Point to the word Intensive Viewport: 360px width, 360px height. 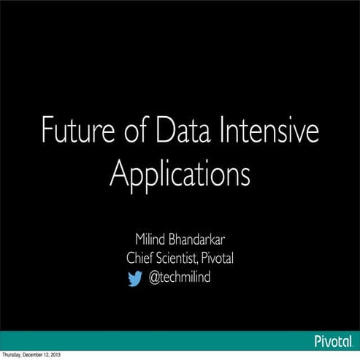click(x=267, y=134)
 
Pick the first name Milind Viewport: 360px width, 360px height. click(x=151, y=240)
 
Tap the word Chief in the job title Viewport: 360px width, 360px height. click(x=140, y=258)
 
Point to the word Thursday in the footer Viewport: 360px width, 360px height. click(x=14, y=356)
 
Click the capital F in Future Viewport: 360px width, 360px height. click(x=47, y=134)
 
